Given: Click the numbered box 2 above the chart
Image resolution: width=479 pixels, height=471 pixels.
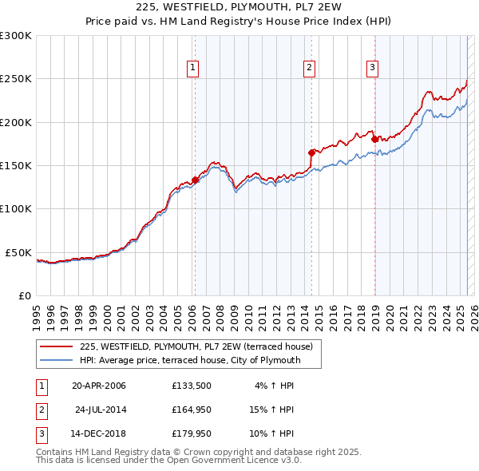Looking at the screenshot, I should (310, 69).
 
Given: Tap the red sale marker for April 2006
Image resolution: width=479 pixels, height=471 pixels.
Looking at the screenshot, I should (195, 180).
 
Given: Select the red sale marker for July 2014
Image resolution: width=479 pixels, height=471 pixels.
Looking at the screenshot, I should (311, 152).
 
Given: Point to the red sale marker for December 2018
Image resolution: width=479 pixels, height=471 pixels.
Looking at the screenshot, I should (374, 139).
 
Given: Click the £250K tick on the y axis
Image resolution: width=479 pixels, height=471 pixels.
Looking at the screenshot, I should (16, 79).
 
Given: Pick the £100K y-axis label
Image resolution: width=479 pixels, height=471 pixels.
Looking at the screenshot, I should (16, 208).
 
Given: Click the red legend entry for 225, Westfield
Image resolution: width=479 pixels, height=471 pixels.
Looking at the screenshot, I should (200, 346).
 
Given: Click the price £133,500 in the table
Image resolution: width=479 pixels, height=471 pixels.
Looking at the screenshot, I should (191, 386).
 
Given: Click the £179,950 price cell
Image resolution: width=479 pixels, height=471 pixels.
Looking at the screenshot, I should (191, 433).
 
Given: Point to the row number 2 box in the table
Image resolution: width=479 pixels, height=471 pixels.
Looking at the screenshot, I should (41, 410).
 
